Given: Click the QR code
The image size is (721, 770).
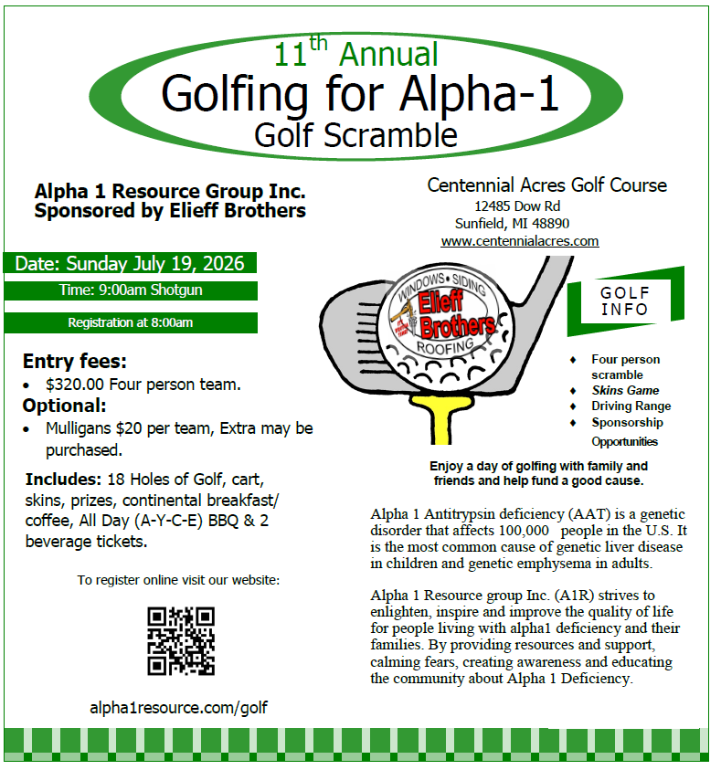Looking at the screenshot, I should coord(181,641).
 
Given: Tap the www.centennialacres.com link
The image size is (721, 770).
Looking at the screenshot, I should coord(519,241).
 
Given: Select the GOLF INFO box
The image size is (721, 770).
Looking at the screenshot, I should coord(625,301).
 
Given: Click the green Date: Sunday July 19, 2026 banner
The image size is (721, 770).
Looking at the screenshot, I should coord(130,264).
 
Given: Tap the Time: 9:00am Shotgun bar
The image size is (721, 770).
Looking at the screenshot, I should coord(130,290).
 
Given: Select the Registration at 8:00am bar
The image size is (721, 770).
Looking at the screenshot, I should coord(130,322).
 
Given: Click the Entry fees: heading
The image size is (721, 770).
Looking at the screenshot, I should coord(75,361).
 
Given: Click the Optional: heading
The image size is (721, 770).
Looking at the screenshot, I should coord(65,406).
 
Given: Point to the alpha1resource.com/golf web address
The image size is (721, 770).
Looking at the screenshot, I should coord(178,708).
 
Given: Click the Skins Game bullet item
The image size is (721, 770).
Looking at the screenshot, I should coord(625,390).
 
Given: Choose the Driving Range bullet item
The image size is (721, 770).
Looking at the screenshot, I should coord(631,406).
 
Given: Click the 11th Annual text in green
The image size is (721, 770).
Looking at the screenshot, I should coord(356,53).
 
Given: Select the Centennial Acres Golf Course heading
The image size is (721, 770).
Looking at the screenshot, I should coord(546,185).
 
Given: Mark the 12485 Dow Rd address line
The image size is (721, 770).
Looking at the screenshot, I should coord(517,206).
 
